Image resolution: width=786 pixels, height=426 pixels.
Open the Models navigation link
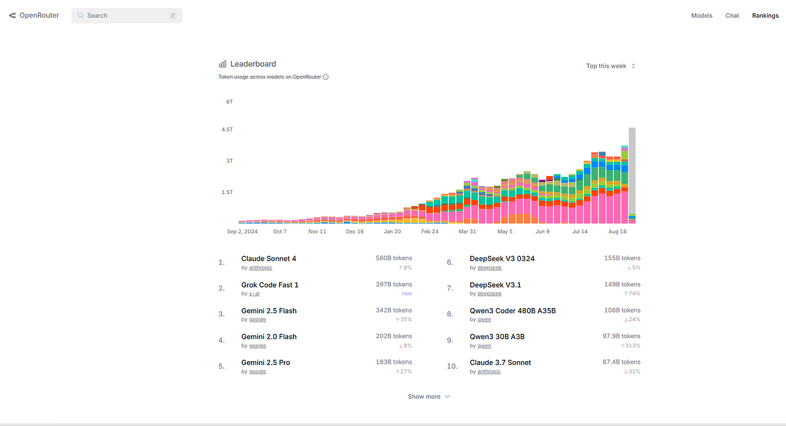pos(702,15)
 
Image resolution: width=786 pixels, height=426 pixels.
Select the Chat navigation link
pos(732,15)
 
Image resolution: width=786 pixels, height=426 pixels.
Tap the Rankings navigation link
pos(765,15)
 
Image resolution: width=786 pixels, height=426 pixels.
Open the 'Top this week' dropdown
pos(610,66)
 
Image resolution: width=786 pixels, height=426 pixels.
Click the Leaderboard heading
pos(253,64)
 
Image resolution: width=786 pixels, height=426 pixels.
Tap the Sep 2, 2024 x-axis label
pos(242,231)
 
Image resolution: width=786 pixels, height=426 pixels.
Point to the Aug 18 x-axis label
pos(617,231)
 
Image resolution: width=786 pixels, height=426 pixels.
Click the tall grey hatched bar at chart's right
pos(632,170)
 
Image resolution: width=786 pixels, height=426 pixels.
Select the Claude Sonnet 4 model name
pos(269,259)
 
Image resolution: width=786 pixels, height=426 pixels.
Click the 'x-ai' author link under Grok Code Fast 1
pos(254,294)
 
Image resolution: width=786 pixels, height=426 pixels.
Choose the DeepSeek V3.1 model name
pos(495,285)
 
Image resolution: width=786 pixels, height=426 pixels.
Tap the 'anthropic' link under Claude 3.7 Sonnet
pos(489,372)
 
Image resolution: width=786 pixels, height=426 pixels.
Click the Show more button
pos(428,397)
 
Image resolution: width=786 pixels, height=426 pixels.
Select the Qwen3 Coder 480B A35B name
pos(512,311)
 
